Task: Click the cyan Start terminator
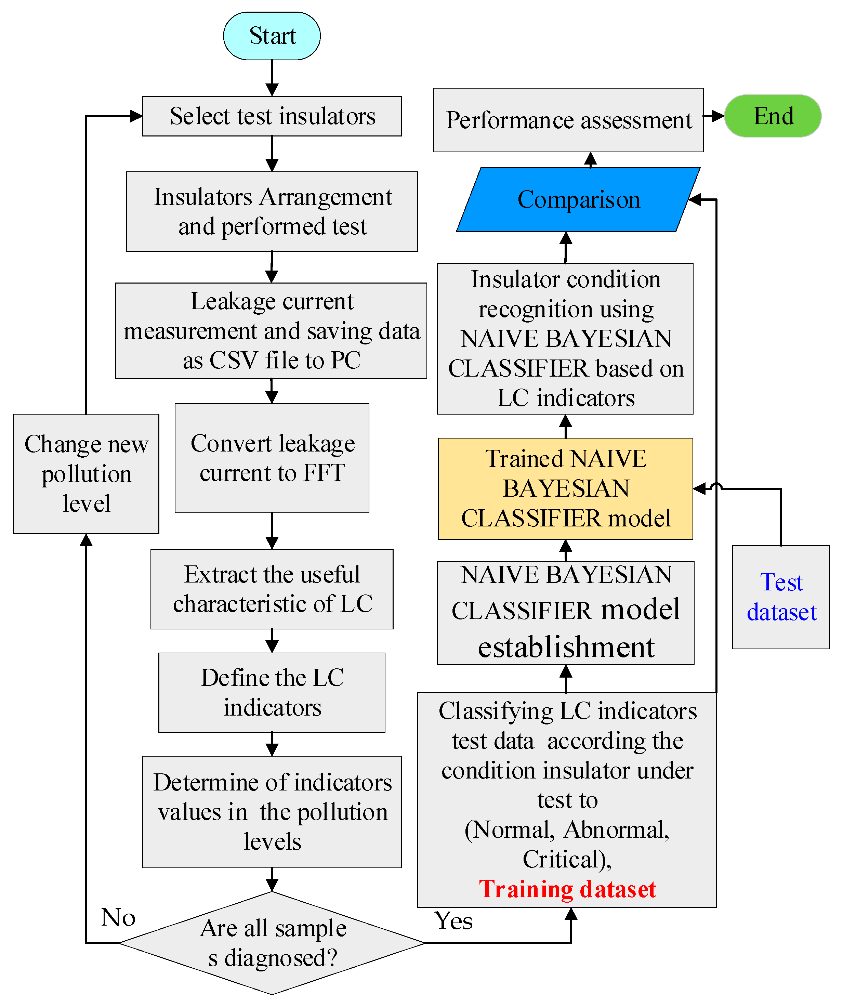point(272,36)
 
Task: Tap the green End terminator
point(773,116)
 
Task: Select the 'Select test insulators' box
point(272,116)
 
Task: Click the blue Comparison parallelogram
point(578,199)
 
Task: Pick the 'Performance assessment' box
point(568,120)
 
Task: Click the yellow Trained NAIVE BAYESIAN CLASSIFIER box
point(565,489)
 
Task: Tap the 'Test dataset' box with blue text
point(781,597)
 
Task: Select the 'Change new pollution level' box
point(86,474)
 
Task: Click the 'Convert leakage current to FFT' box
point(272,458)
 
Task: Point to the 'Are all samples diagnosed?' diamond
point(272,943)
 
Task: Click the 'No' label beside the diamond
point(118,918)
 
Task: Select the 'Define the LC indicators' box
point(272,692)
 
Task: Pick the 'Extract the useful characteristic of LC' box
point(272,589)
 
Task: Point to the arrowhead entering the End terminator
point(718,116)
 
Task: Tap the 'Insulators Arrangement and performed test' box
point(272,211)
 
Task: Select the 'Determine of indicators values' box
point(272,812)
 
